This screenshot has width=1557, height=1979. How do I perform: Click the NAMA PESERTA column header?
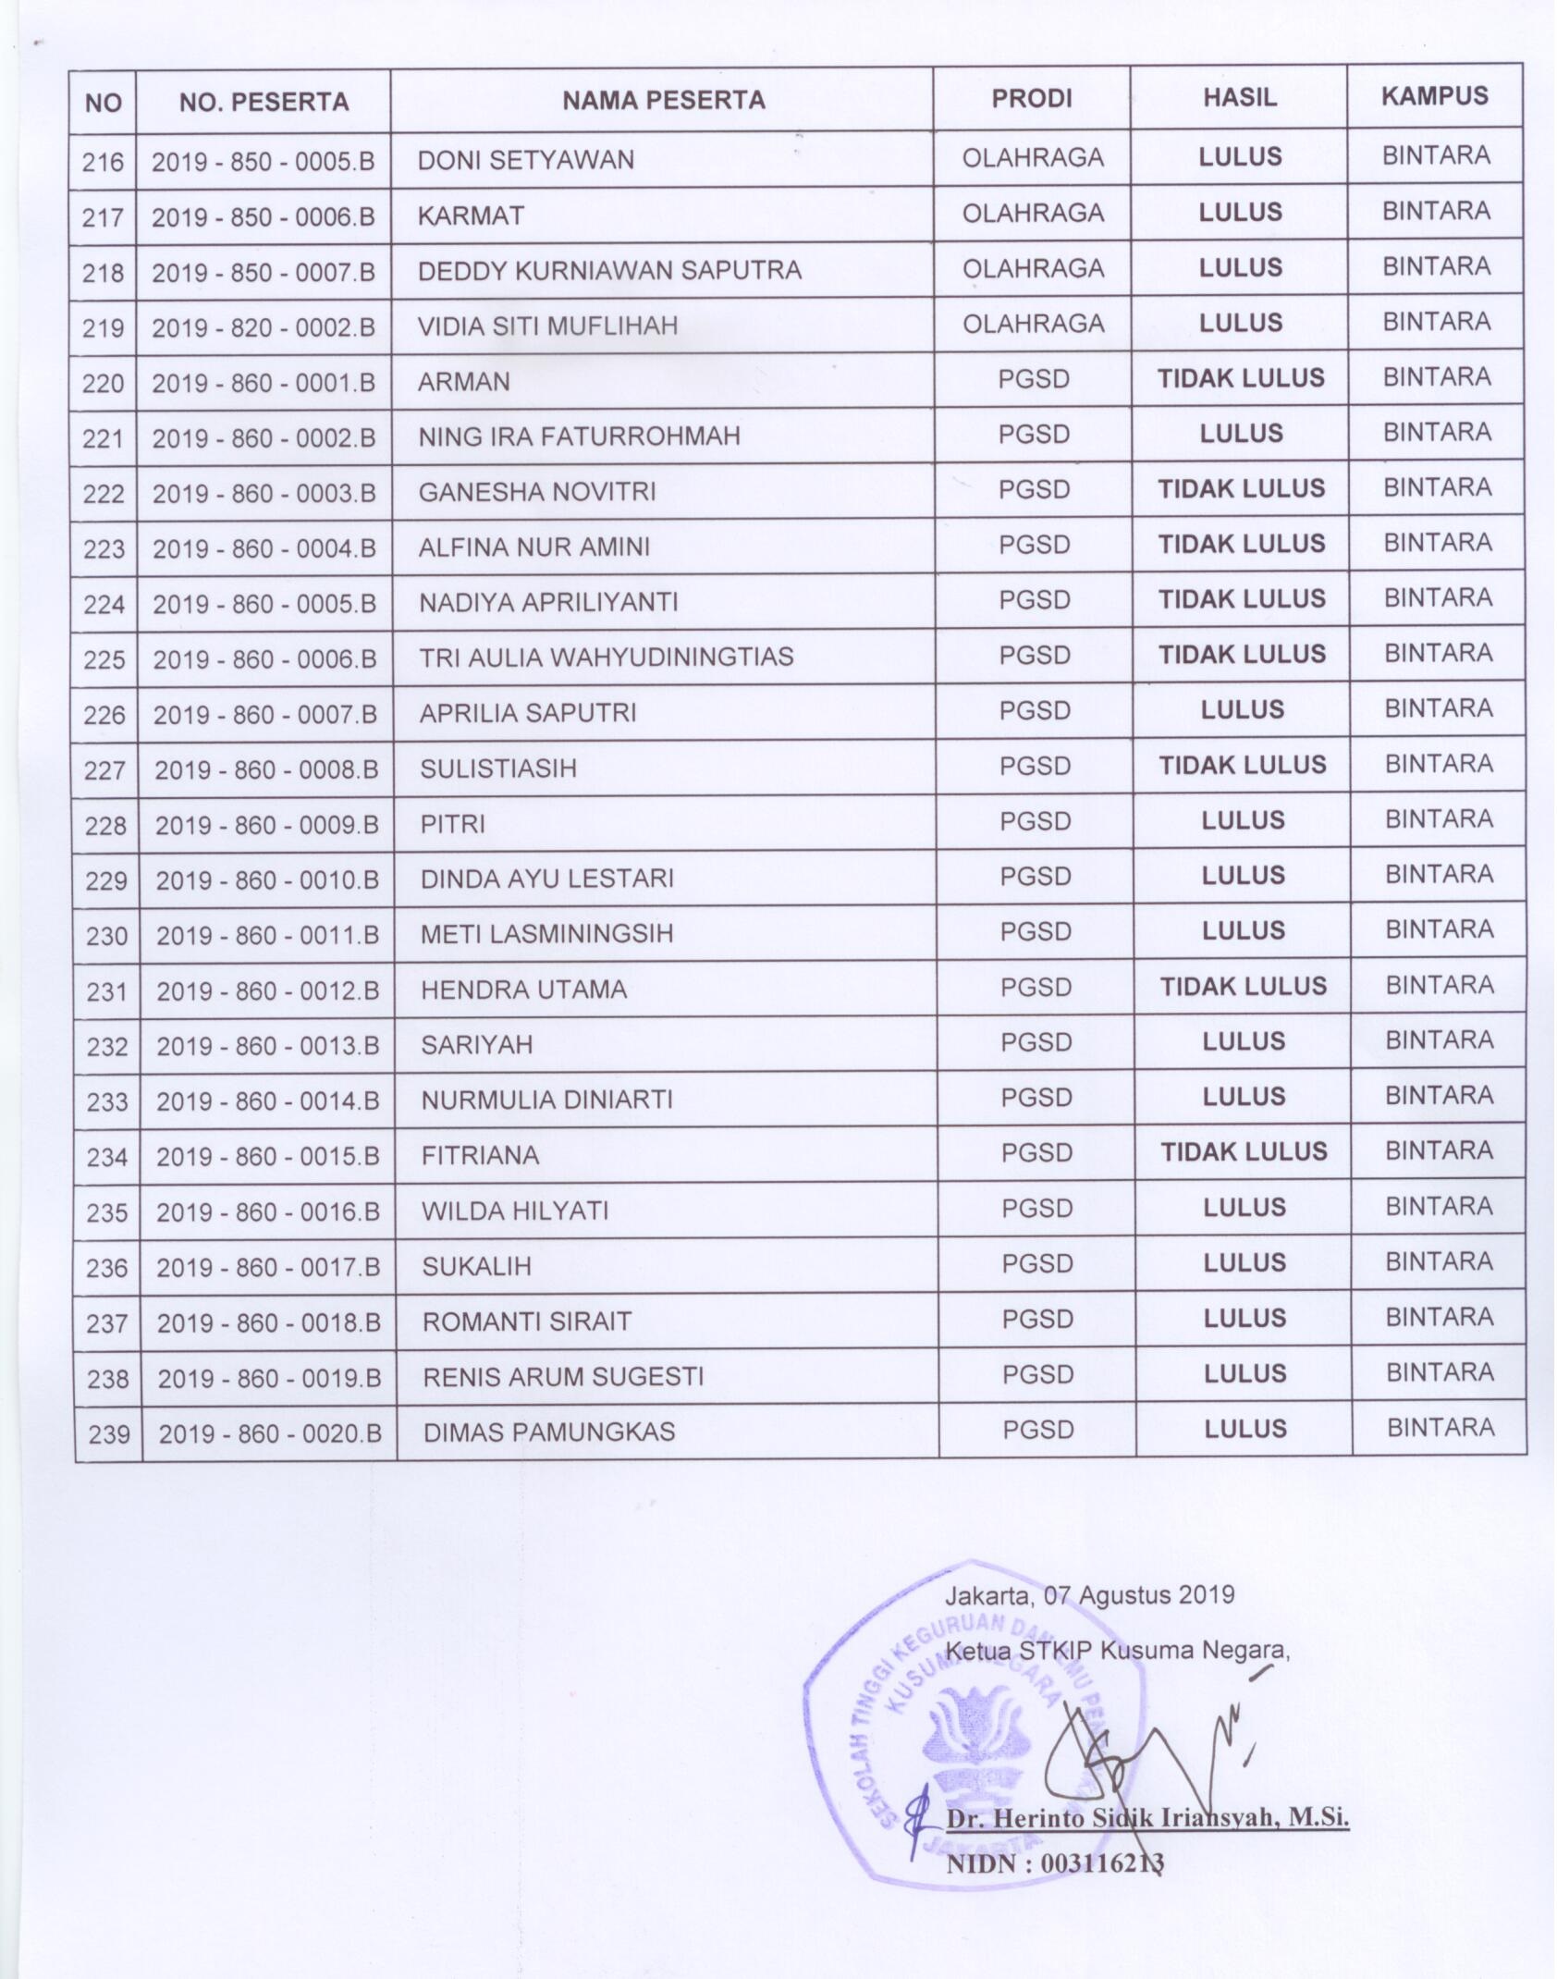[x=663, y=100]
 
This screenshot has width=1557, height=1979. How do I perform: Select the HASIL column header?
[x=1239, y=98]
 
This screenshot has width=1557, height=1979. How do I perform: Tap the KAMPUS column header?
[x=1434, y=96]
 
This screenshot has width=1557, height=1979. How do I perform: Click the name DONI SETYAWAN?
[x=525, y=160]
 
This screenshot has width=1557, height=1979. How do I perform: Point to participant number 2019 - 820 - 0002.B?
[x=264, y=326]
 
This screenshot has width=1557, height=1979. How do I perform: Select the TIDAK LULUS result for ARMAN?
[x=1241, y=378]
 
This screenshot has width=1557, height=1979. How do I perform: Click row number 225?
[x=104, y=659]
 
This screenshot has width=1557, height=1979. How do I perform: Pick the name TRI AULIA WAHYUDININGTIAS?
[x=606, y=657]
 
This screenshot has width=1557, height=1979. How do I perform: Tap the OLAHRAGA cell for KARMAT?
[x=1033, y=214]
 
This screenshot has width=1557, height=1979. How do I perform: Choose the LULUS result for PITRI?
[x=1243, y=820]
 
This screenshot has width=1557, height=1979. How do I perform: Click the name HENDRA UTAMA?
[x=523, y=989]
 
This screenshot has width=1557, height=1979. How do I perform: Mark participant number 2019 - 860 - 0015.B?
[x=268, y=1156]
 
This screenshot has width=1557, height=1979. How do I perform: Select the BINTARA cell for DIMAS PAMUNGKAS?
[x=1440, y=1428]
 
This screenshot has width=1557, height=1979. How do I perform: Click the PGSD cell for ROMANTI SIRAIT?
[x=1037, y=1320]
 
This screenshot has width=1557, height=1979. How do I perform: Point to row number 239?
[x=109, y=1434]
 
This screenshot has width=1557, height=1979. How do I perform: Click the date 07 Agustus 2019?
[x=1138, y=1595]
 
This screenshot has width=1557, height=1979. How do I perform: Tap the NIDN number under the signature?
[x=1054, y=1863]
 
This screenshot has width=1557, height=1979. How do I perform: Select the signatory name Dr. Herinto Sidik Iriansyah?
[x=1146, y=1818]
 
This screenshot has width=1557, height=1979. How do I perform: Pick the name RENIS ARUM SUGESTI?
[x=563, y=1376]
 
